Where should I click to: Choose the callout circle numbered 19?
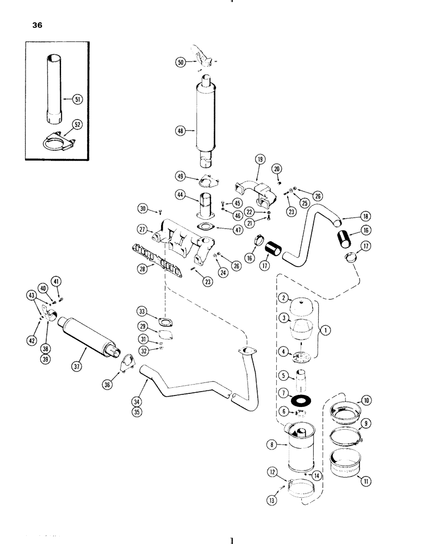click(259, 159)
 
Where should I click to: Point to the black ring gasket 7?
click(297, 400)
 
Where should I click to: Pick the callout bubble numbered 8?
click(272, 445)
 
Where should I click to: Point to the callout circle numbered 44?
click(180, 194)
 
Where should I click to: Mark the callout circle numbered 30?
click(143, 208)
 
